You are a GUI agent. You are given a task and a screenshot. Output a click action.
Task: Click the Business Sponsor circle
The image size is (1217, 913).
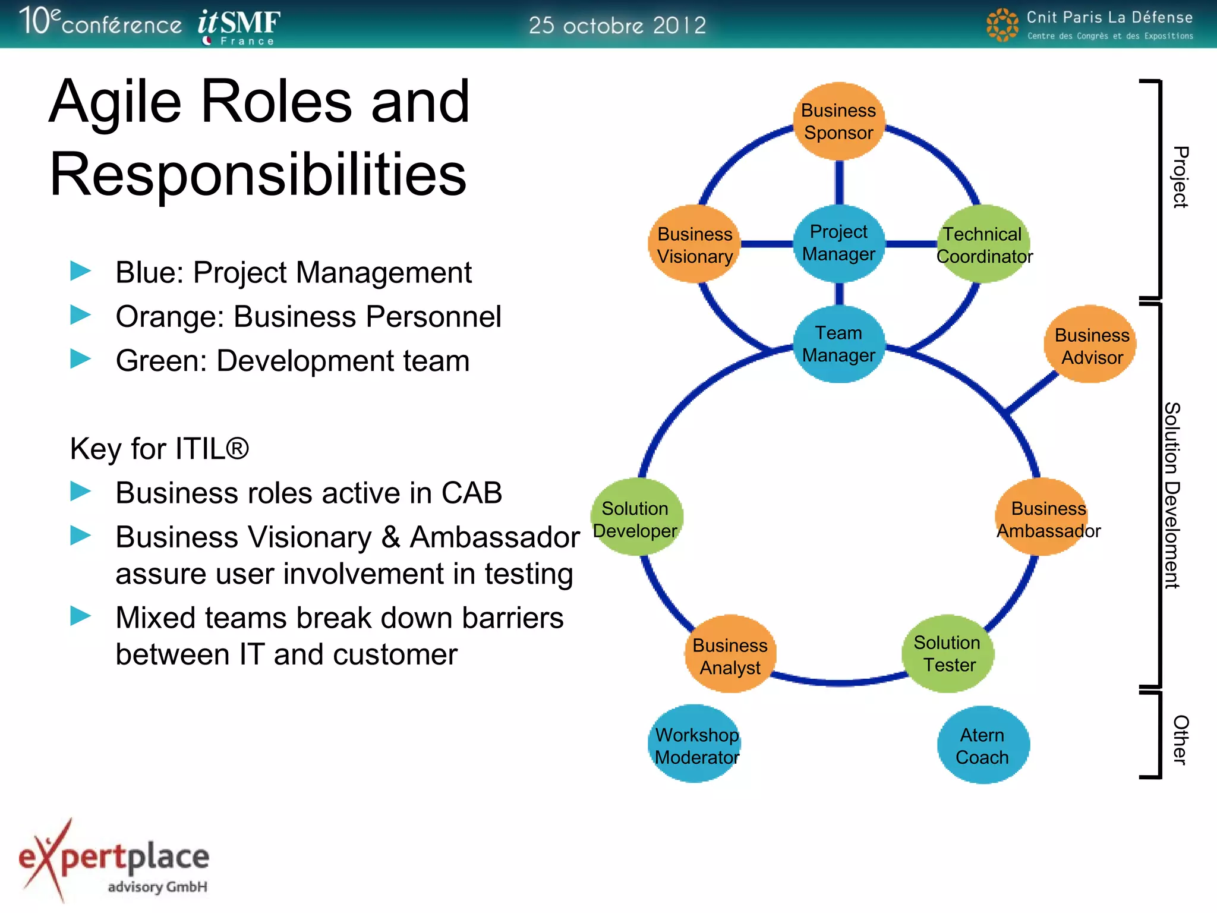(x=838, y=121)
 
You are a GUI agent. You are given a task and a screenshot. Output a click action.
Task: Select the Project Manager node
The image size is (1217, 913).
(x=838, y=243)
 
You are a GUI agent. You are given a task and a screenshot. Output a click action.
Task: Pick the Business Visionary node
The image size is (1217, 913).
(x=694, y=244)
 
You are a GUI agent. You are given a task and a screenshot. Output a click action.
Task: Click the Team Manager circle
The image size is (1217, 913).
(x=838, y=344)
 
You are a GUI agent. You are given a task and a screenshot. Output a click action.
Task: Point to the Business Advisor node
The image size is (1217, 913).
(x=1090, y=345)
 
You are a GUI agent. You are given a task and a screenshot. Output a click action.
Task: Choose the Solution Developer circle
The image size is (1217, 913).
(x=636, y=518)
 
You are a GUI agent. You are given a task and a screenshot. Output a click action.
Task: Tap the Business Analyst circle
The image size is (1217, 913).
(x=730, y=654)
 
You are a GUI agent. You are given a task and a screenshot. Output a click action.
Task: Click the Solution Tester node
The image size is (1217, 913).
(x=948, y=653)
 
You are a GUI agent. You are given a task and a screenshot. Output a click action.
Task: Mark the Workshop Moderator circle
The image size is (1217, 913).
(x=695, y=744)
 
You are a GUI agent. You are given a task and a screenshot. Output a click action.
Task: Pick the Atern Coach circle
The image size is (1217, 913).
(x=982, y=745)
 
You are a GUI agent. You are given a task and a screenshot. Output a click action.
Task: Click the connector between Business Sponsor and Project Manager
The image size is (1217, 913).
(x=839, y=182)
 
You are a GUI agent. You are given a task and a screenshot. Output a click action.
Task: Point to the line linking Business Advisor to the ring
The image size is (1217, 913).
(x=1032, y=393)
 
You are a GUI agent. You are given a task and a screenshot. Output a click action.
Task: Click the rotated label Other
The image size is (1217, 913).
(x=1180, y=739)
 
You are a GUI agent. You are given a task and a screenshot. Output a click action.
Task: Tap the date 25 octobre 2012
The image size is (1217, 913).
(x=617, y=26)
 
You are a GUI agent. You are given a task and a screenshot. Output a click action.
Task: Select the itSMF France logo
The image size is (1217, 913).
(x=238, y=26)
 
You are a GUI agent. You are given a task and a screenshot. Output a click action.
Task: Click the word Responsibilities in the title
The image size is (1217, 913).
(x=258, y=174)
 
